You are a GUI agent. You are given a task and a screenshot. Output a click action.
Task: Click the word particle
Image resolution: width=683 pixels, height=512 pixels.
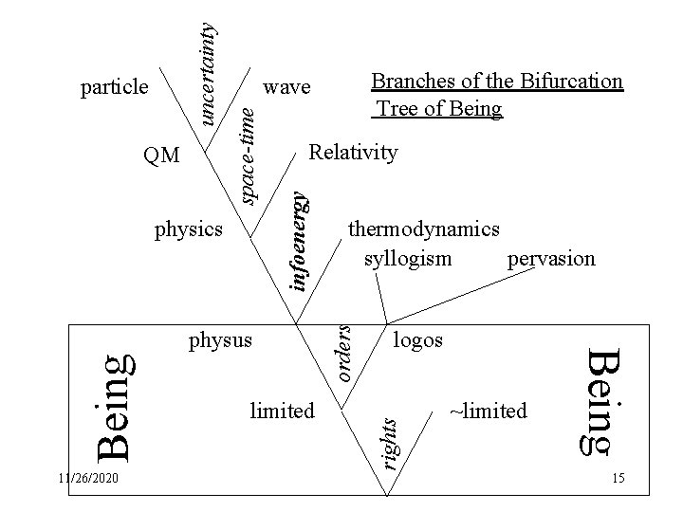click(114, 87)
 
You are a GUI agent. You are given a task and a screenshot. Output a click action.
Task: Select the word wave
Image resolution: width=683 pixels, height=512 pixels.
click(286, 87)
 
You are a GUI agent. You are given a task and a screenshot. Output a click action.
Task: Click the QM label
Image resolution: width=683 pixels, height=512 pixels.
click(159, 155)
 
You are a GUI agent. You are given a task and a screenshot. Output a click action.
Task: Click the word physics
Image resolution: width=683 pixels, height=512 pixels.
click(188, 229)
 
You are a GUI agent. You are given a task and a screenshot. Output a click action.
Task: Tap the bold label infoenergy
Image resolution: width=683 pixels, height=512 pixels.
click(299, 242)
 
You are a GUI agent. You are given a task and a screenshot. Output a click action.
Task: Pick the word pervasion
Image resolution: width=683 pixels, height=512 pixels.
click(551, 257)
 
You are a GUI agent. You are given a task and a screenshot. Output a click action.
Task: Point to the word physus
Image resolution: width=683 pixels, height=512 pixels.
click(221, 338)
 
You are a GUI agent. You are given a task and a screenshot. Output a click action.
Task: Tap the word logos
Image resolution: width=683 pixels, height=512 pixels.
click(416, 338)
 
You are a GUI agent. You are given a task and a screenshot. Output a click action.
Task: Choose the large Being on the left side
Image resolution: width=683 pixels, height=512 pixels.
click(117, 403)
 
